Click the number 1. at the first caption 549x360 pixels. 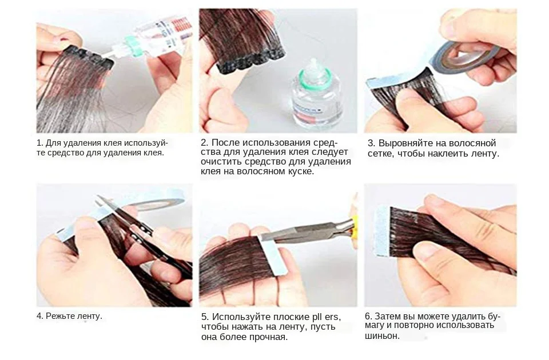[39, 143]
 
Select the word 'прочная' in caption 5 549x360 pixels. [268, 337]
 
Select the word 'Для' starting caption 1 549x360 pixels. [53, 143]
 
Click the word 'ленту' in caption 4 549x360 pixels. [90, 316]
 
